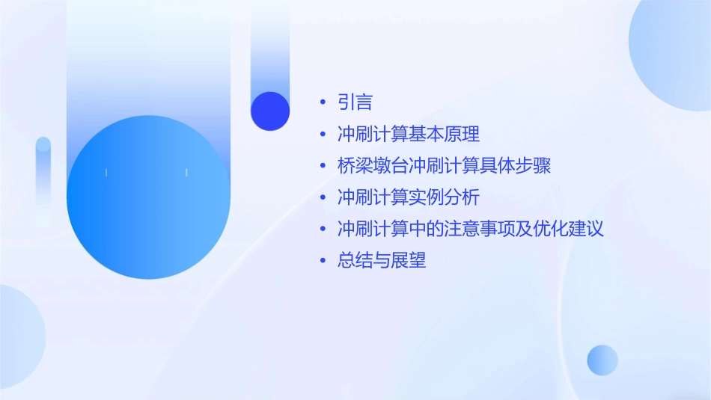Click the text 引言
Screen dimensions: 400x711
point(355,102)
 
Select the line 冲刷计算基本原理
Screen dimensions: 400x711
point(408,135)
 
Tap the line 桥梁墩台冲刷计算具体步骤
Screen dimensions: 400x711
point(444,166)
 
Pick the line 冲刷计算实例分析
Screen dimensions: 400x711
point(408,197)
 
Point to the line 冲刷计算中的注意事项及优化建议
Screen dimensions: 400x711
point(470,229)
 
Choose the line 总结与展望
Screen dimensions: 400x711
point(382,260)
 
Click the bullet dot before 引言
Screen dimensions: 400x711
point(323,103)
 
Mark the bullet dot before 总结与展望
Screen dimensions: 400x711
point(323,261)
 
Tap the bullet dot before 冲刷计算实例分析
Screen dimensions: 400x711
point(323,198)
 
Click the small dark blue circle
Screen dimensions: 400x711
point(270,111)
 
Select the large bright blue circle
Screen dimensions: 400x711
point(147,197)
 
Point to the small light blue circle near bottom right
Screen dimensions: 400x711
point(602,360)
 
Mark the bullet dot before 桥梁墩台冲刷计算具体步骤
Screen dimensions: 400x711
point(323,167)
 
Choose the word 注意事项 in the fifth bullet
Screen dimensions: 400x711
point(479,229)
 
